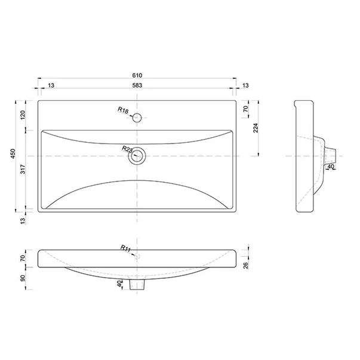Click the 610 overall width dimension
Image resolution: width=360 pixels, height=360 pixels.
pyautogui.click(x=137, y=76)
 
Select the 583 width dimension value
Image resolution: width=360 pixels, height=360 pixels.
pyautogui.click(x=137, y=86)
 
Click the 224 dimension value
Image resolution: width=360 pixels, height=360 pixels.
pyautogui.click(x=257, y=128)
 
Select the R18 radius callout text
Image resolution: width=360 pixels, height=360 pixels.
pyautogui.click(x=124, y=111)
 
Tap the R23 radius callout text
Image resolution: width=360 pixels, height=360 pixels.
pyautogui.click(x=127, y=149)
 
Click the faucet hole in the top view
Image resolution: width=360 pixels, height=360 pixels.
pyautogui.click(x=137, y=118)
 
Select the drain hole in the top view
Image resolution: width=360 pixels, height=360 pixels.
pyautogui.click(x=137, y=156)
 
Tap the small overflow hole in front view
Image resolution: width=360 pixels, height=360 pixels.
pyautogui.click(x=137, y=257)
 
